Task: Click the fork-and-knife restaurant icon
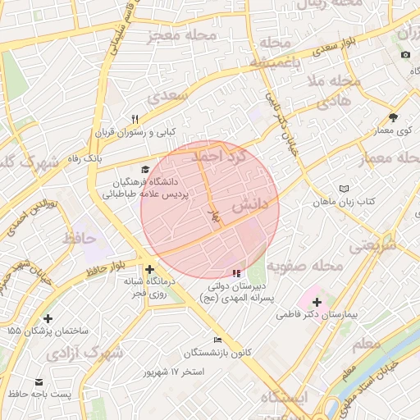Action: (135, 119)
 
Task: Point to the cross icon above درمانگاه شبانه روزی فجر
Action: (148, 269)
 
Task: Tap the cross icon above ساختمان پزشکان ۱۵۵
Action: (48, 317)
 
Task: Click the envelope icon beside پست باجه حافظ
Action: (39, 382)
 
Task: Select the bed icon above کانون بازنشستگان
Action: (217, 340)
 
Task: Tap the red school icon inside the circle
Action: (236, 272)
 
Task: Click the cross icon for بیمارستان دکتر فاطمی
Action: (317, 302)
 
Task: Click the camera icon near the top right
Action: (404, 55)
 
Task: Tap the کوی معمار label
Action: (393, 130)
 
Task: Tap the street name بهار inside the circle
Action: (215, 215)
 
